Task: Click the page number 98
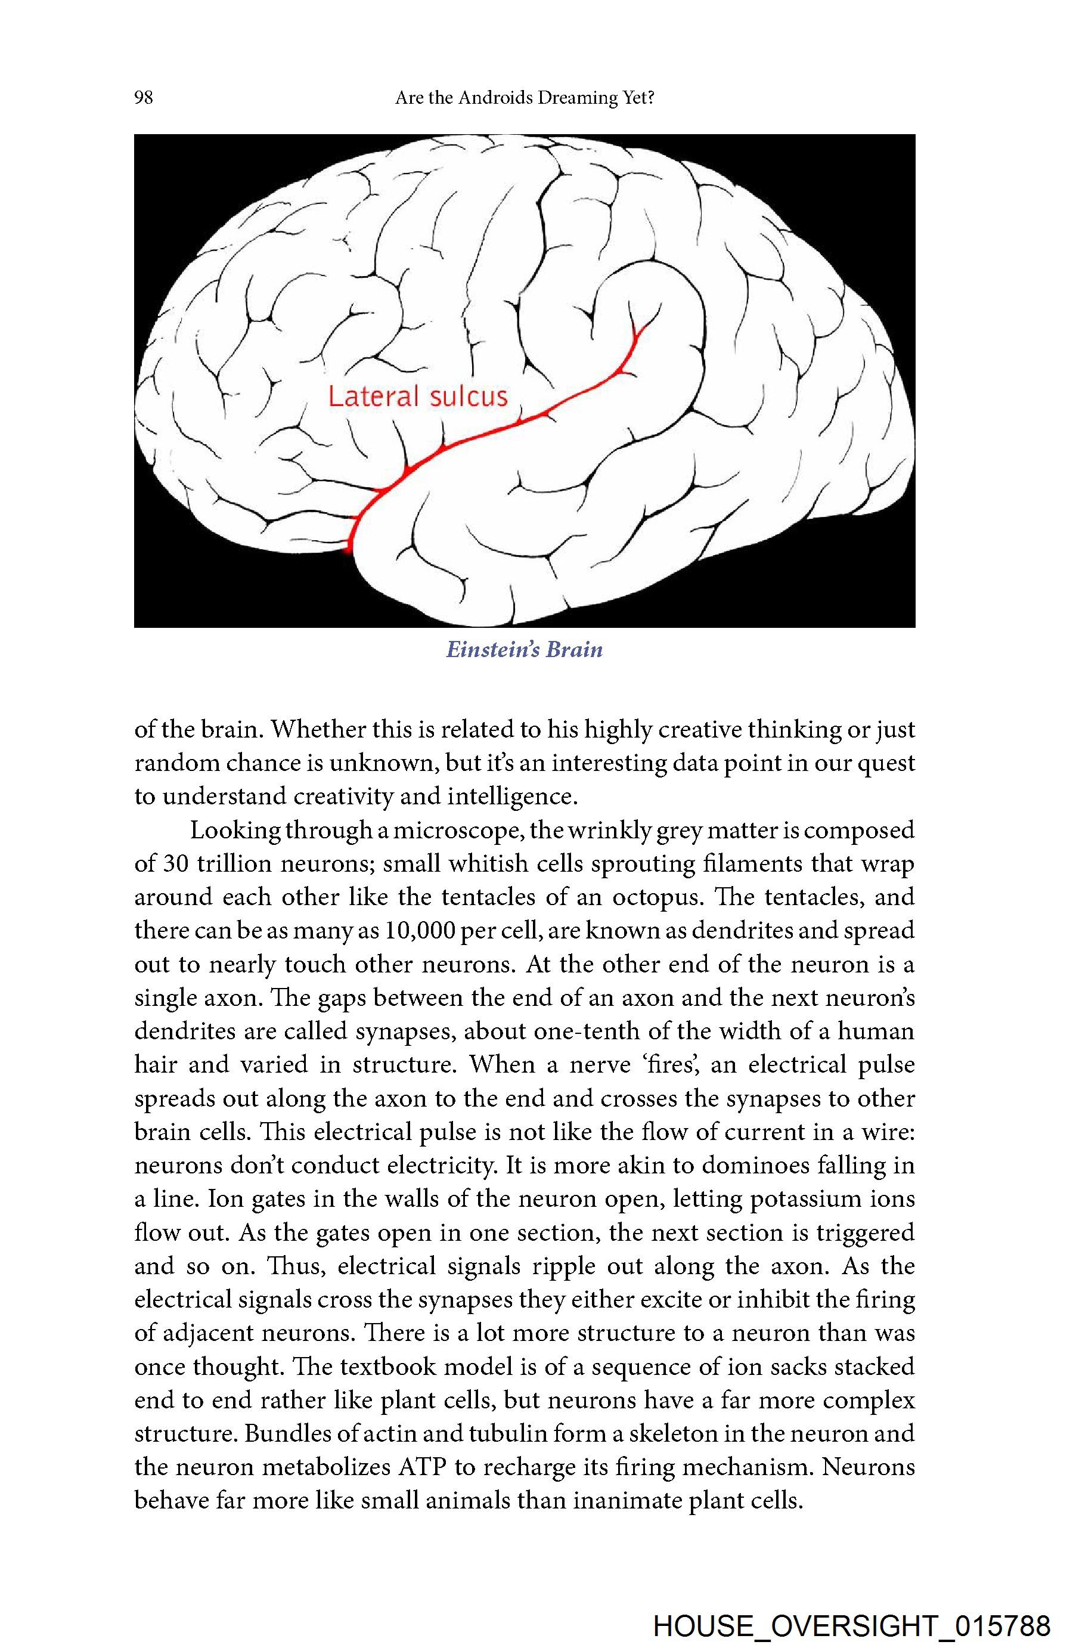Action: [x=144, y=98]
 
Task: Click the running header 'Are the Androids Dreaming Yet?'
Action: [x=525, y=98]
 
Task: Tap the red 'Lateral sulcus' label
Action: [x=417, y=396]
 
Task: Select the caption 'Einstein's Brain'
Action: [x=525, y=649]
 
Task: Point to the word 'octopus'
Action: [x=658, y=897]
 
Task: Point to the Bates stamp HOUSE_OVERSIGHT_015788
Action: [x=852, y=1625]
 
